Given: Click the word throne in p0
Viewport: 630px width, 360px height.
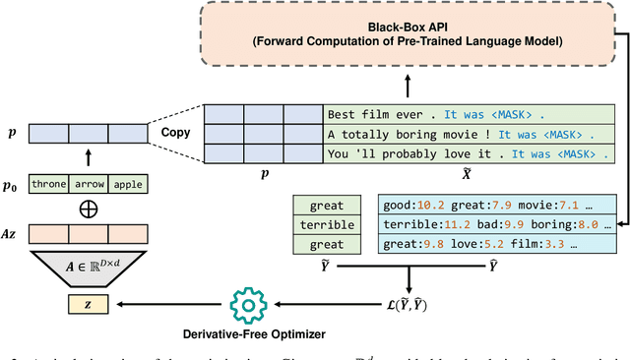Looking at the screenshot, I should [48, 184].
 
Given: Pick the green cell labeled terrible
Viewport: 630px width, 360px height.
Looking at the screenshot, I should [327, 225].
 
